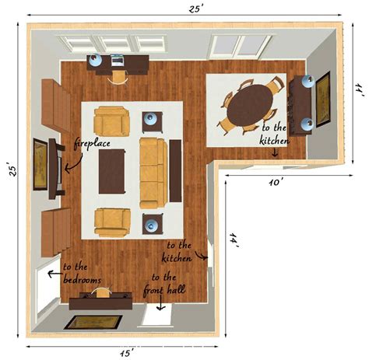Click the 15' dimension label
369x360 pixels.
click(125, 352)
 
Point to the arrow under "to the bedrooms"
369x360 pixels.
click(54, 274)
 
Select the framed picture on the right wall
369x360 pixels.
click(322, 98)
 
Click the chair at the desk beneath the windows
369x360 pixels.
click(119, 75)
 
